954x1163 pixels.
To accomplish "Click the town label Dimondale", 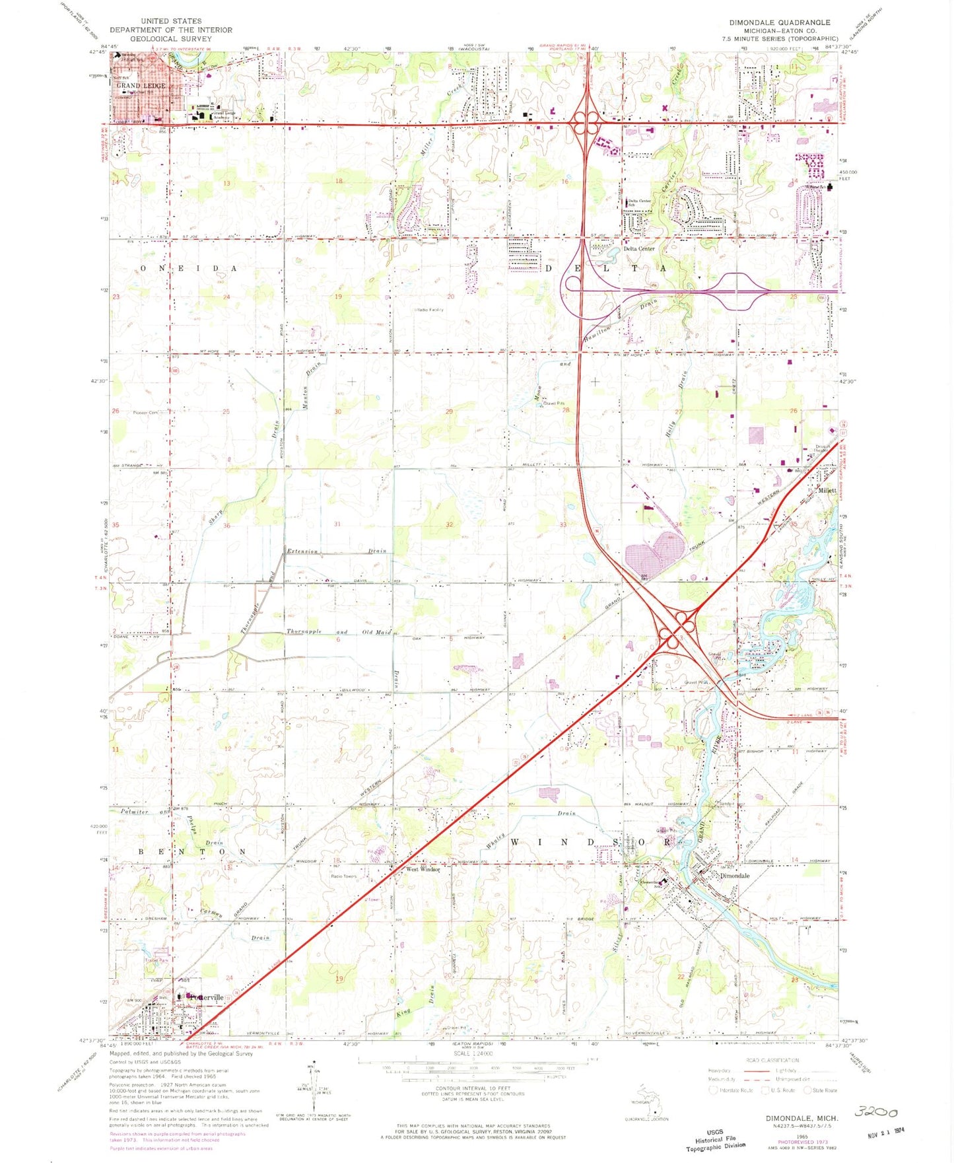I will [735, 875].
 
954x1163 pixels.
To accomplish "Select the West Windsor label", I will [423, 869].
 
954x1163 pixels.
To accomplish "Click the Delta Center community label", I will [639, 249].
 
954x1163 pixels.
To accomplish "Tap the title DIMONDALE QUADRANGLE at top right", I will [780, 22].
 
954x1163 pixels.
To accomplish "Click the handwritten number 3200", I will [876, 1112].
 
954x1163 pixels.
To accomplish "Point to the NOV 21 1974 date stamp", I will [885, 1131].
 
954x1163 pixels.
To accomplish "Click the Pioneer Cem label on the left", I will [145, 413].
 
